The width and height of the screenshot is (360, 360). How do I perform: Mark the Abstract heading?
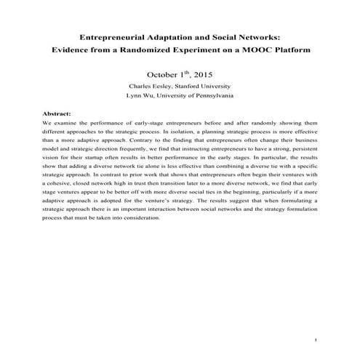coord(57,115)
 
